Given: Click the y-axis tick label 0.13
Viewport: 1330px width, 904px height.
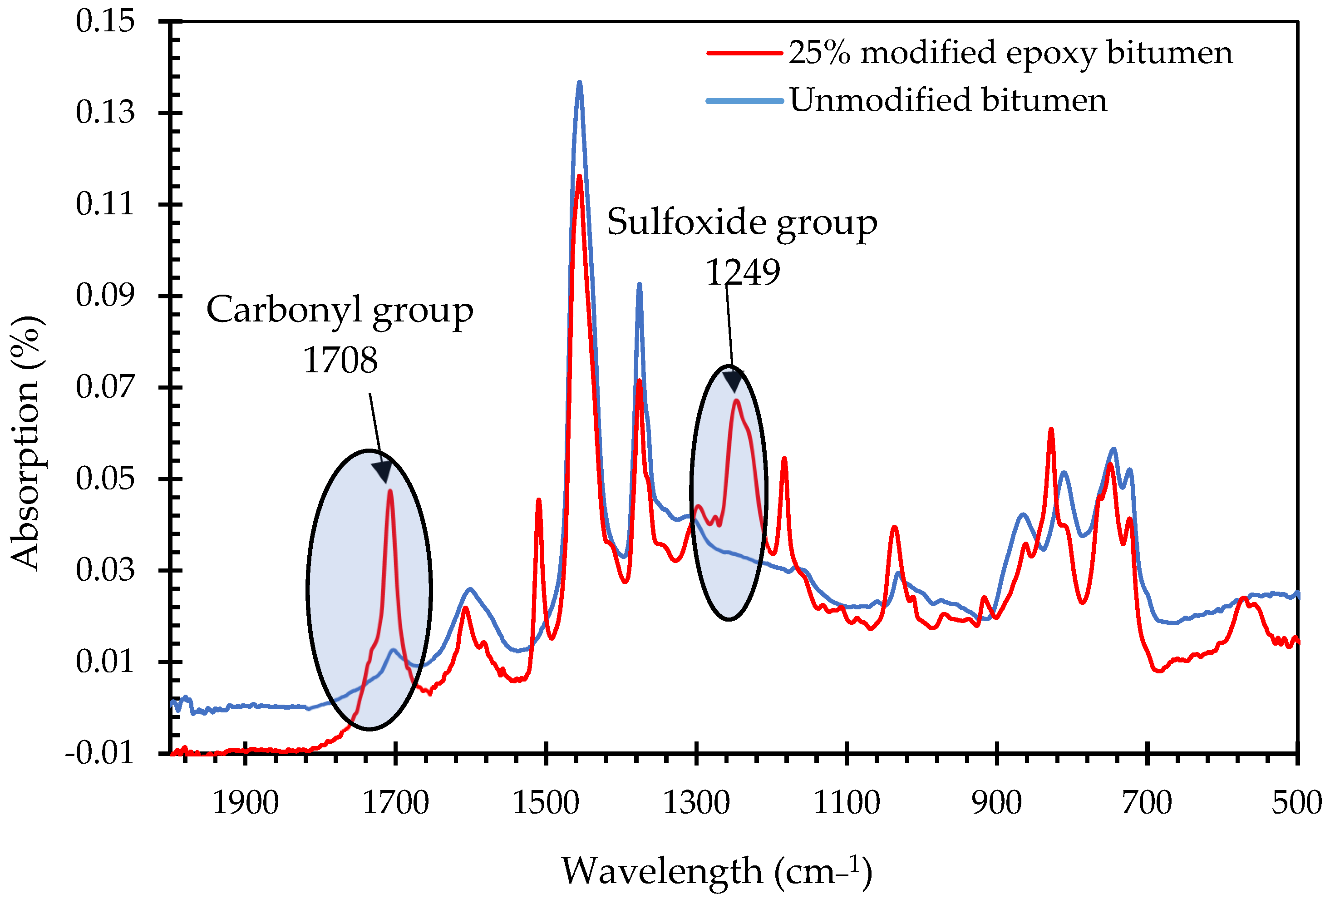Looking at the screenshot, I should [105, 112].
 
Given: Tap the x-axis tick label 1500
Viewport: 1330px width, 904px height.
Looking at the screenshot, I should [546, 803].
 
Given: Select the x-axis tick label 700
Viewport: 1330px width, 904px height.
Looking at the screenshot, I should [1146, 803].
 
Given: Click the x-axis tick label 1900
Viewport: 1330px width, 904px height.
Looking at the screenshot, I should [245, 803].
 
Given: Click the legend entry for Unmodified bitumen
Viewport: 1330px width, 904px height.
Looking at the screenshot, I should [948, 100].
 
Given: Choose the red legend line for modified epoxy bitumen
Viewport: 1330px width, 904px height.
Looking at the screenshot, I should [744, 53].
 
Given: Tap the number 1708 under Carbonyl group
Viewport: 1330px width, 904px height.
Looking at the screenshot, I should [340, 360].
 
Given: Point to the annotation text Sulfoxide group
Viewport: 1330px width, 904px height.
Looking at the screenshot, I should [742, 222].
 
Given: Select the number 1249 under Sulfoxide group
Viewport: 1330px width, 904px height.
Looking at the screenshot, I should [742, 272].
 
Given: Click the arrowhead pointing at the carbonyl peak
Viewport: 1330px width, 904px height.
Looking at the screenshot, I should [382, 472].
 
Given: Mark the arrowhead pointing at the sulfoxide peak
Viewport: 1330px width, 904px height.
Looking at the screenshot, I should [733, 381].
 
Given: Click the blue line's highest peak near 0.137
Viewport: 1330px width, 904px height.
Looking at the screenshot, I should [579, 83].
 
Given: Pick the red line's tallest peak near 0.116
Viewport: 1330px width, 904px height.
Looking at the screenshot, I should [579, 177].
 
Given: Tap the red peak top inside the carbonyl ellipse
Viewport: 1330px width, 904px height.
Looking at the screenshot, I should [390, 491].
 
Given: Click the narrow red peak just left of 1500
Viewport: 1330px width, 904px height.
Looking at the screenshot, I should [538, 501].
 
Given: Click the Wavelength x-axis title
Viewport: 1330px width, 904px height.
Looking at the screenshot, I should [716, 871].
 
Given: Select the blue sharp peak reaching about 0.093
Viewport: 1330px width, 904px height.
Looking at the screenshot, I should [639, 285].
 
